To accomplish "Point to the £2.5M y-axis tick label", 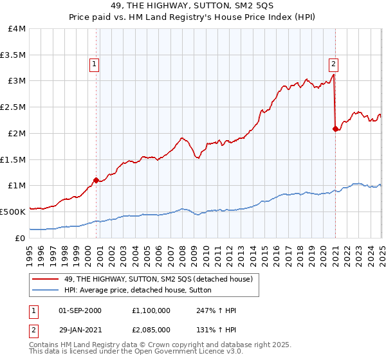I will pos(13,107).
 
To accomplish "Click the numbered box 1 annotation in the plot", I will pos(95,64).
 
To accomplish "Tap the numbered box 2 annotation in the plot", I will pos(334,64).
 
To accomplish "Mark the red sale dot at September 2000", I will pos(96,180).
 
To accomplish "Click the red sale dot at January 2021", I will pos(335,129).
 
